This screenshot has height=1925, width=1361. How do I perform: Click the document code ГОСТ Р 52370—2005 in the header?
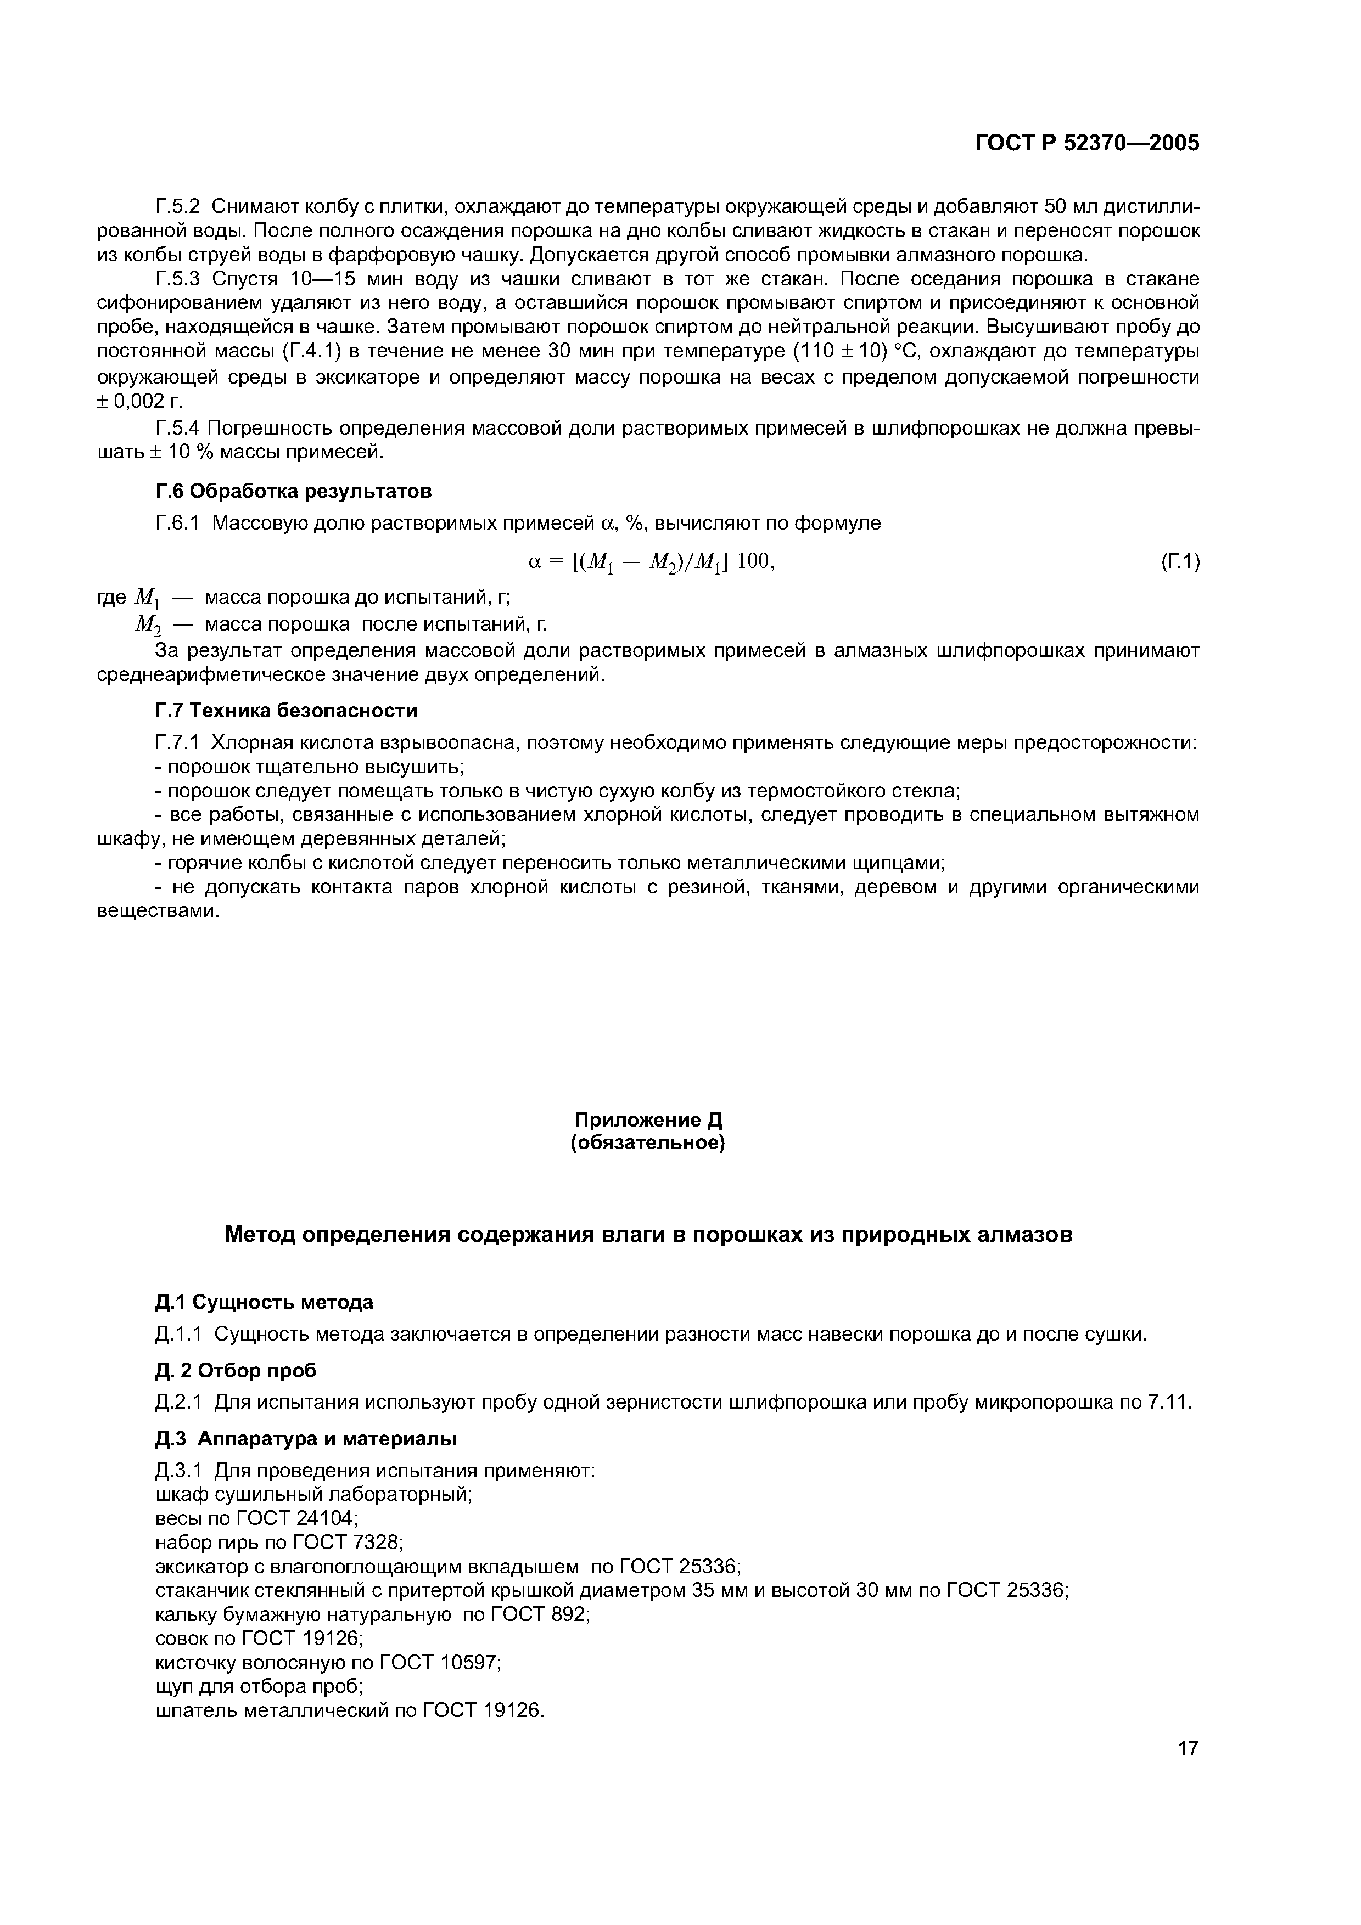pos(1087,143)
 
